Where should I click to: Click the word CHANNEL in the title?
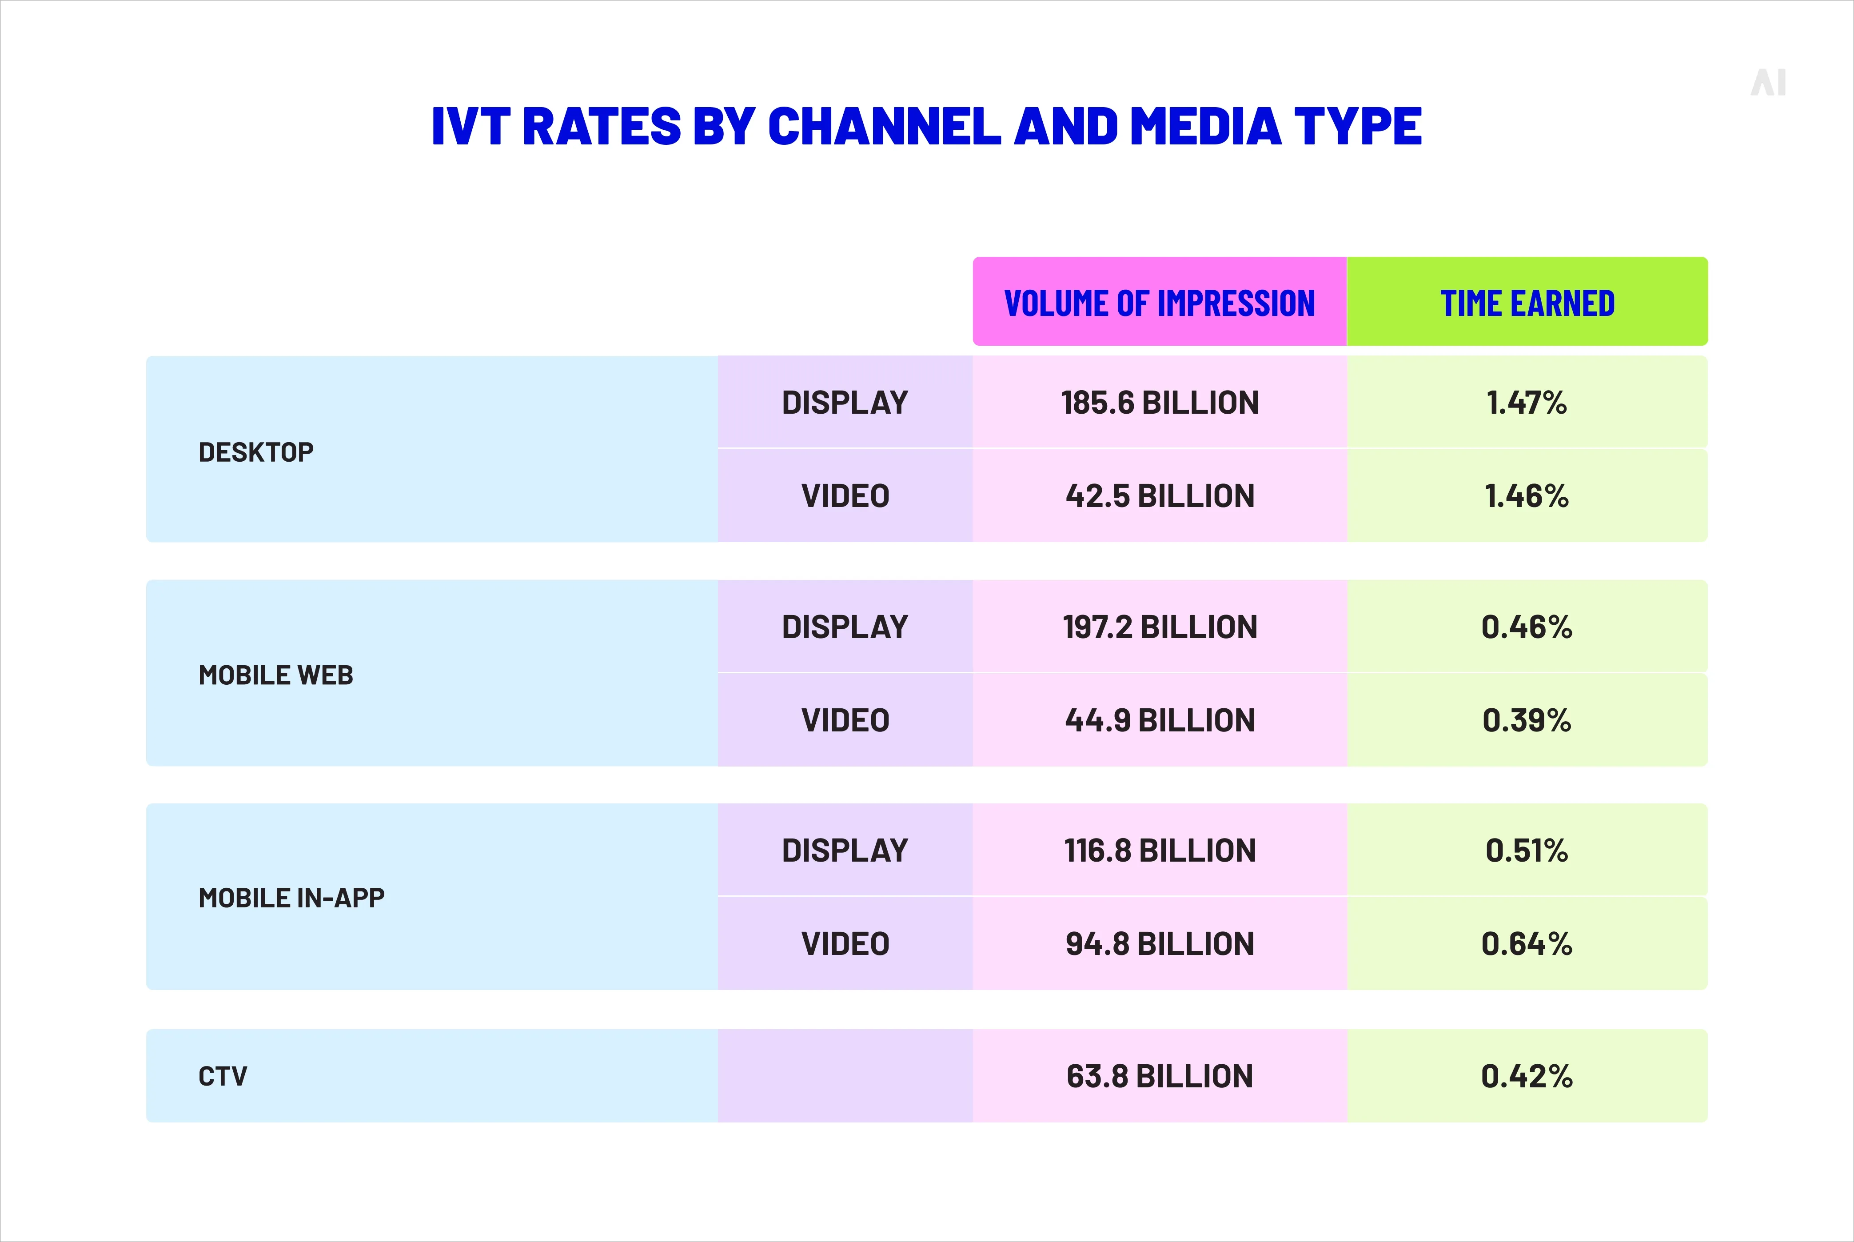[884, 127]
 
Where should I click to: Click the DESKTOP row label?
[256, 452]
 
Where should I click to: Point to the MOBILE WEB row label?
[275, 675]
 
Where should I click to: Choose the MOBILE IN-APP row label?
[291, 898]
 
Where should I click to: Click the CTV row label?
[223, 1076]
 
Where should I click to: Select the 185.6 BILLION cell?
[1160, 403]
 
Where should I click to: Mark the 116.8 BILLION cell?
[1160, 851]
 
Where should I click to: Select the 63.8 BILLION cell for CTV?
[1160, 1076]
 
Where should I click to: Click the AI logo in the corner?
[1768, 82]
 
